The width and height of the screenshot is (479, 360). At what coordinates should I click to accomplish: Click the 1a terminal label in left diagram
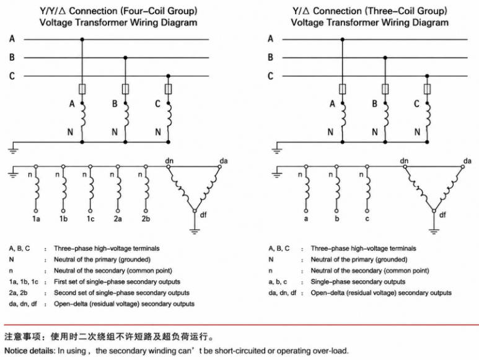click(36, 219)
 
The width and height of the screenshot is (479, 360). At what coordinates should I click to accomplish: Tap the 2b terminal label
click(146, 219)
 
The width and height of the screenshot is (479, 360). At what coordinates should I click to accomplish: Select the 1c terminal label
click(90, 219)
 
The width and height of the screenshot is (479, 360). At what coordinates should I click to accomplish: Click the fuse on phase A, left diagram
click(82, 89)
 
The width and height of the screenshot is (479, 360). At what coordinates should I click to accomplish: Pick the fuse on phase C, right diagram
click(427, 89)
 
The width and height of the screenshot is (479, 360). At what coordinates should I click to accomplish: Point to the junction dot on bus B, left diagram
click(125, 58)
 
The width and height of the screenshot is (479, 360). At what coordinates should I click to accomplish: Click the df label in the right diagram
click(442, 214)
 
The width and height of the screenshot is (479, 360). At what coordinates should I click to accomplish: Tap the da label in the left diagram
click(224, 160)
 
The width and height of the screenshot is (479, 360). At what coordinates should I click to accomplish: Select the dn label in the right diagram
click(404, 160)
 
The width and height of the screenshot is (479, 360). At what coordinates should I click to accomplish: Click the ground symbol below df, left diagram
click(195, 231)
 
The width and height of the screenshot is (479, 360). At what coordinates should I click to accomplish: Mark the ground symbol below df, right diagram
click(434, 231)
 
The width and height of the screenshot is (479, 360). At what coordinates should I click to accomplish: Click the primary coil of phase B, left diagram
click(126, 115)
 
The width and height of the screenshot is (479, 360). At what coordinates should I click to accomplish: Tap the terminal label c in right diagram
click(367, 219)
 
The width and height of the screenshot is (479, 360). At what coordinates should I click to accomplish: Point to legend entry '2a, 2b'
click(19, 292)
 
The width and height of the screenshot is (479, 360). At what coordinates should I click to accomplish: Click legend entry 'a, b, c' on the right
click(278, 281)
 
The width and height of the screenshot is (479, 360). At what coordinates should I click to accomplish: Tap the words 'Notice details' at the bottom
click(30, 351)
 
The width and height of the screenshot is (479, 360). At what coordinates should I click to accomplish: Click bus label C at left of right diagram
click(270, 76)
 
